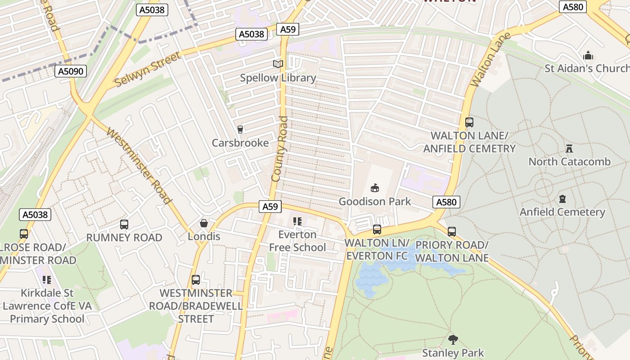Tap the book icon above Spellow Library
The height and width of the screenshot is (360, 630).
[278, 64]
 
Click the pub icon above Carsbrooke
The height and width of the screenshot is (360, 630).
[240, 130]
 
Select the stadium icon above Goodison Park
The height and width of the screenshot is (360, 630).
[374, 188]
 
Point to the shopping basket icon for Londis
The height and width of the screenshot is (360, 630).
[204, 223]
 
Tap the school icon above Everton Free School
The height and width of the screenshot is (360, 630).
[297, 221]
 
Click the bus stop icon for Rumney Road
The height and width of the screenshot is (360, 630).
[124, 224]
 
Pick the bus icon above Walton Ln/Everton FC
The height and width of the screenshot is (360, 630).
[377, 229]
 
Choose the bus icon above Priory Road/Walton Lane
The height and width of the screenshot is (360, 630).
[451, 232]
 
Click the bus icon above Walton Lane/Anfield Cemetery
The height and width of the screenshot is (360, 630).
[469, 122]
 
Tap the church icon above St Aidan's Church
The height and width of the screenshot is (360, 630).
[588, 56]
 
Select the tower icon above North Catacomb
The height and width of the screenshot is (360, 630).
[569, 148]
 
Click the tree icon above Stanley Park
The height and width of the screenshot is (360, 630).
[453, 339]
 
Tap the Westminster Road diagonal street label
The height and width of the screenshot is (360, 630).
[139, 166]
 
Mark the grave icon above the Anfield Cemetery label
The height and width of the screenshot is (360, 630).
[562, 198]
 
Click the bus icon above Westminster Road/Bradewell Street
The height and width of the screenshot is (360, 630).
[196, 280]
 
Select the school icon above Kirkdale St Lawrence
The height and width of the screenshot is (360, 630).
[47, 280]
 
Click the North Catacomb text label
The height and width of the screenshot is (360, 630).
[569, 162]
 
